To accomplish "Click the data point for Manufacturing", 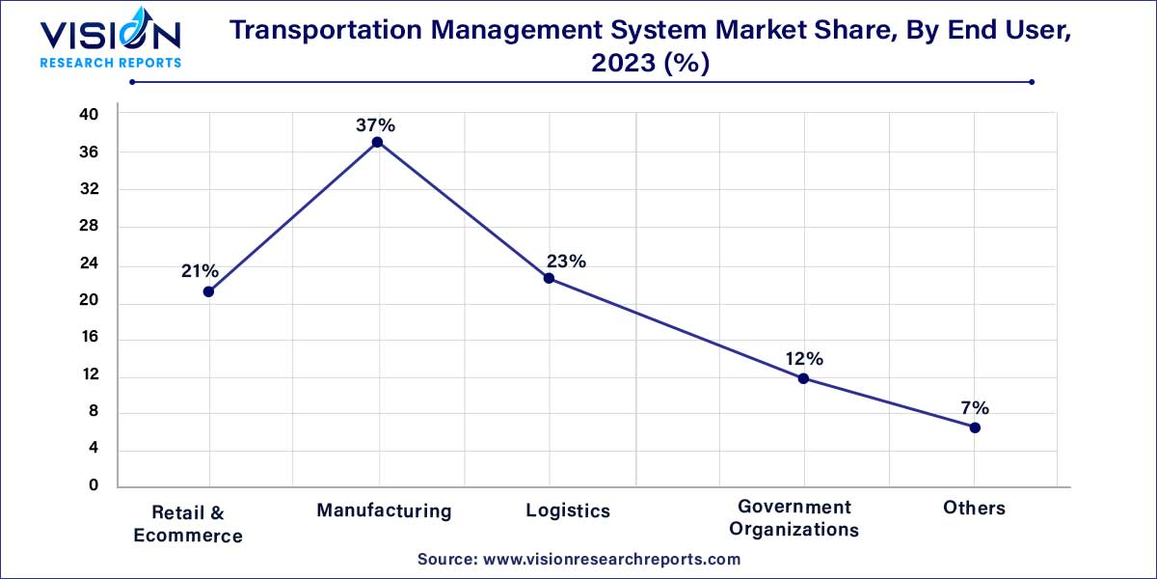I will pos(377,142).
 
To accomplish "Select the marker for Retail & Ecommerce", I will pos(208,291).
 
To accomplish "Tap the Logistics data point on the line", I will pos(549,278).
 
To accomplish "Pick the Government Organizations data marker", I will pos(803,378).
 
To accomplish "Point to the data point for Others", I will pos(975,427).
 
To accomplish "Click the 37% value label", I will pos(377,125).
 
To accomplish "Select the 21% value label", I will pos(200,271).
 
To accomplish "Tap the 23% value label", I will pos(566,262).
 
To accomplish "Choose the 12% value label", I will pos(803,359).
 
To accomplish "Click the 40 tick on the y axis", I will pos(89,115).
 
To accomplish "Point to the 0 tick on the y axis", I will pos(94,486).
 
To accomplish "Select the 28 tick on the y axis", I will pos(89,227).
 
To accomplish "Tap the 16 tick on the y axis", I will pos(89,339).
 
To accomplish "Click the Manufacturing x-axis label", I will pos(384,510).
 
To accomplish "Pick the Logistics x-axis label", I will pos(568,510).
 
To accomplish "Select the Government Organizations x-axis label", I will pos(794,518).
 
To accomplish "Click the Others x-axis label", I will pos(975,508).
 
